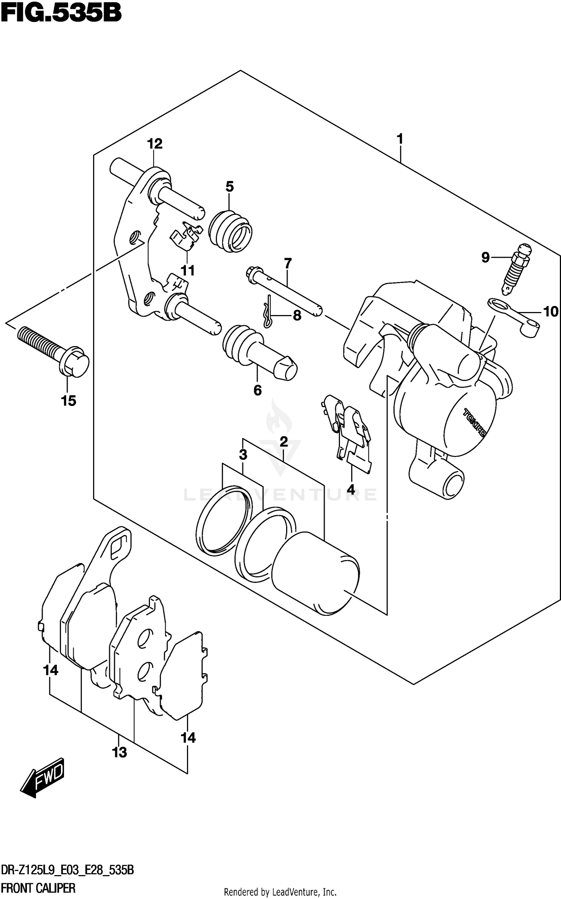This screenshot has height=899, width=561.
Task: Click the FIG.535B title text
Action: coord(61,14)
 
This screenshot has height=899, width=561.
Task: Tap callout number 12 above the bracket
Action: coord(154,144)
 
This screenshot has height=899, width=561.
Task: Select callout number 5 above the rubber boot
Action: coord(229,186)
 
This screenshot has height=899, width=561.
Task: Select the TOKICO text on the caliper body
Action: coord(474,423)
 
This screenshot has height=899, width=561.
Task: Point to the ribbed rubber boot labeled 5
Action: coord(230,233)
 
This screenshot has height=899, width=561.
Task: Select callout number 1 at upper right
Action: coord(399,139)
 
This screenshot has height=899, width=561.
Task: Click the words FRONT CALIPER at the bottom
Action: coord(39,888)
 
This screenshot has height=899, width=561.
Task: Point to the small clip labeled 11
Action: coord(185,236)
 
